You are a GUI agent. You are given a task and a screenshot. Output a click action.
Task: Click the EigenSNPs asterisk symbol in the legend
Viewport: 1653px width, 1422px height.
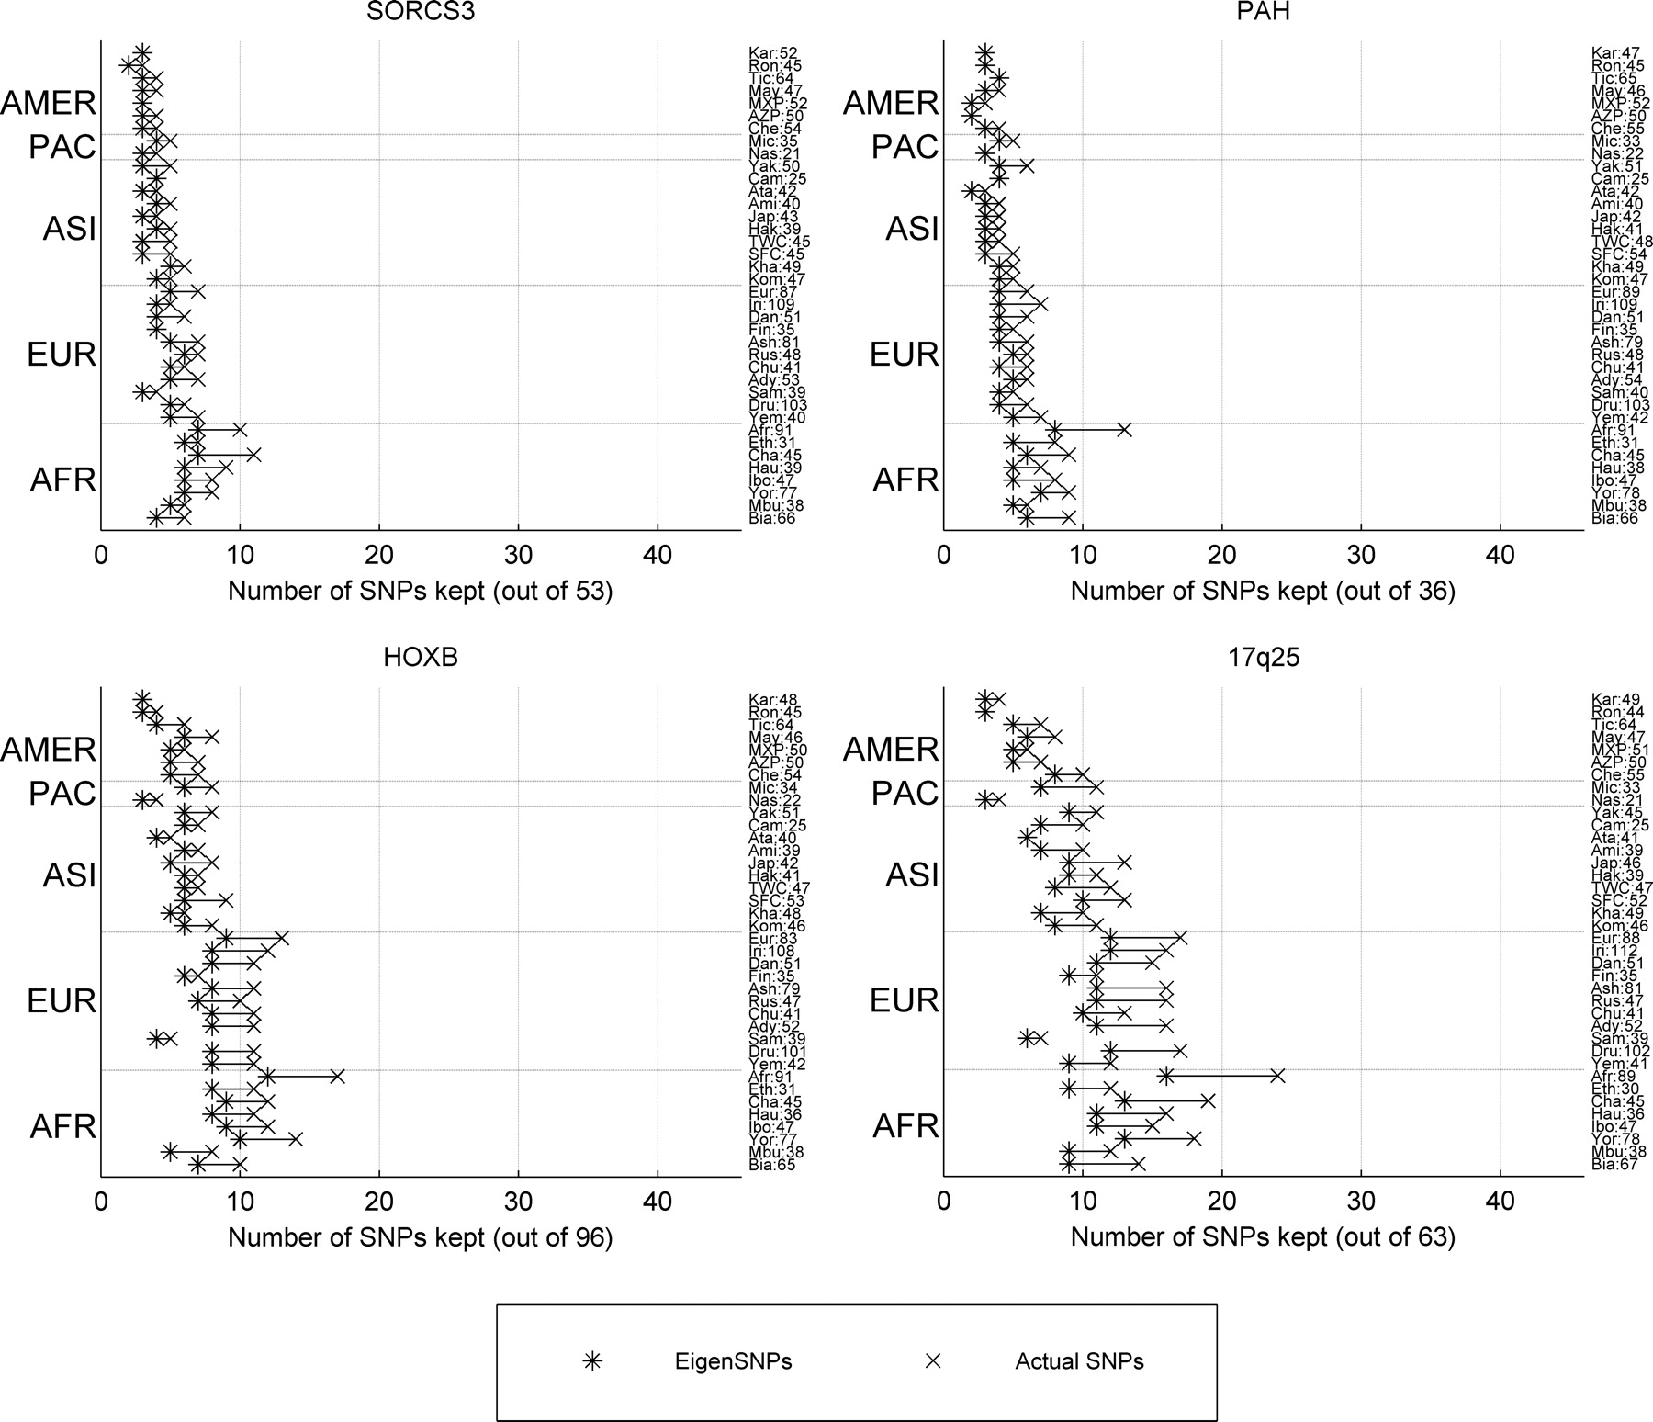[x=593, y=1361]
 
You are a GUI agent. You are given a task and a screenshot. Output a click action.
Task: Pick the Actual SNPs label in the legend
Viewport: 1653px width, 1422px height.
[x=1079, y=1361]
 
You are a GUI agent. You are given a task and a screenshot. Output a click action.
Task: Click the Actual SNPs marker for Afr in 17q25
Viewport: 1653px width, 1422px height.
[x=1276, y=1076]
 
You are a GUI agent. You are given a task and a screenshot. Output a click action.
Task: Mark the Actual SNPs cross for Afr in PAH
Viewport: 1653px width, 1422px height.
[x=1124, y=429]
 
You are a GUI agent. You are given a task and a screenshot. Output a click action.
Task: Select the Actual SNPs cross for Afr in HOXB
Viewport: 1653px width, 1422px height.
[x=337, y=1076]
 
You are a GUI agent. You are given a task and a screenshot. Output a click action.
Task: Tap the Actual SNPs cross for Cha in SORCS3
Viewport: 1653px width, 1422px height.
[x=253, y=455]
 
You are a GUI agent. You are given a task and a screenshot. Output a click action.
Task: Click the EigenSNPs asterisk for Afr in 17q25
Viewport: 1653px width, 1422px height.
[x=1165, y=1076]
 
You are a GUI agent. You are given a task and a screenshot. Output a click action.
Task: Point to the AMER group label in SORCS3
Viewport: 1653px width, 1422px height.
[x=48, y=102]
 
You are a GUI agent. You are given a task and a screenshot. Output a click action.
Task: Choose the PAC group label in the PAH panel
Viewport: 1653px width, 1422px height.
[x=905, y=146]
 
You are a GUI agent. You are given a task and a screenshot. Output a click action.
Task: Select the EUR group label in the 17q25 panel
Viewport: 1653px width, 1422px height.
[x=905, y=999]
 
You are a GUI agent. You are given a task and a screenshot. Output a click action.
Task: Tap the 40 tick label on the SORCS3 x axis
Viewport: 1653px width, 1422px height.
[x=658, y=556]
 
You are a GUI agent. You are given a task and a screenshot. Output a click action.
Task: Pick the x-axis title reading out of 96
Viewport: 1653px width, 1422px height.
[x=420, y=1237]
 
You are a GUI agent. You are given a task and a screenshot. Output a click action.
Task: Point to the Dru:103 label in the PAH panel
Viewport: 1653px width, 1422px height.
[x=1621, y=405]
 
